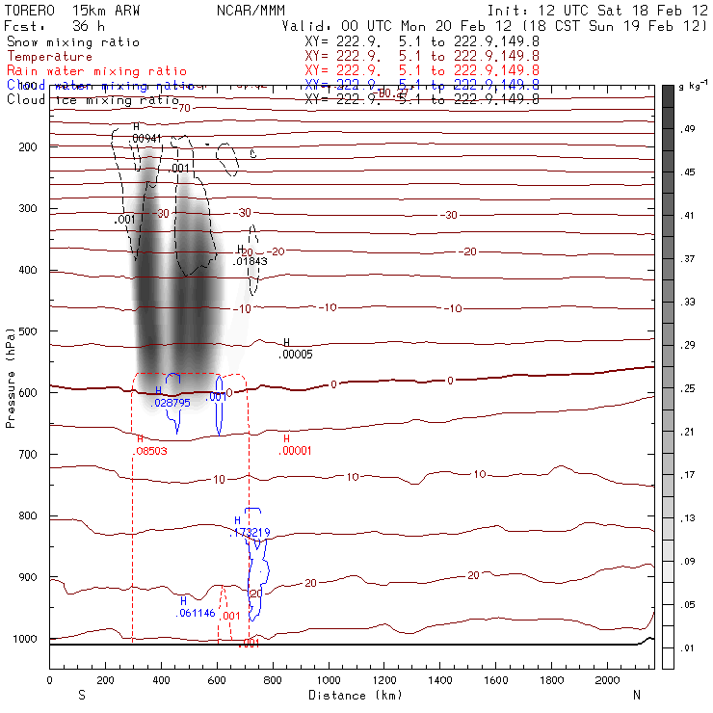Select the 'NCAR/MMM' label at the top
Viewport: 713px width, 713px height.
tap(245, 9)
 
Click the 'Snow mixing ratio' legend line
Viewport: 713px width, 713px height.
tap(73, 42)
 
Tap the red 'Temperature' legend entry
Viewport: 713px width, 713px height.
tap(49, 57)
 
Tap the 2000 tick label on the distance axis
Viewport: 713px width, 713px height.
tap(608, 680)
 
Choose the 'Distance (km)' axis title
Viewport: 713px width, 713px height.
tap(351, 695)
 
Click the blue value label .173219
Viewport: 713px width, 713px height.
tap(251, 532)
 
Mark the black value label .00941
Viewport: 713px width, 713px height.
tap(145, 139)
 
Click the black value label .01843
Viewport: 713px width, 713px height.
tap(250, 261)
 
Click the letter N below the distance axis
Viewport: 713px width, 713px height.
tap(636, 695)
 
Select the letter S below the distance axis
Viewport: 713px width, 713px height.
tap(81, 695)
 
